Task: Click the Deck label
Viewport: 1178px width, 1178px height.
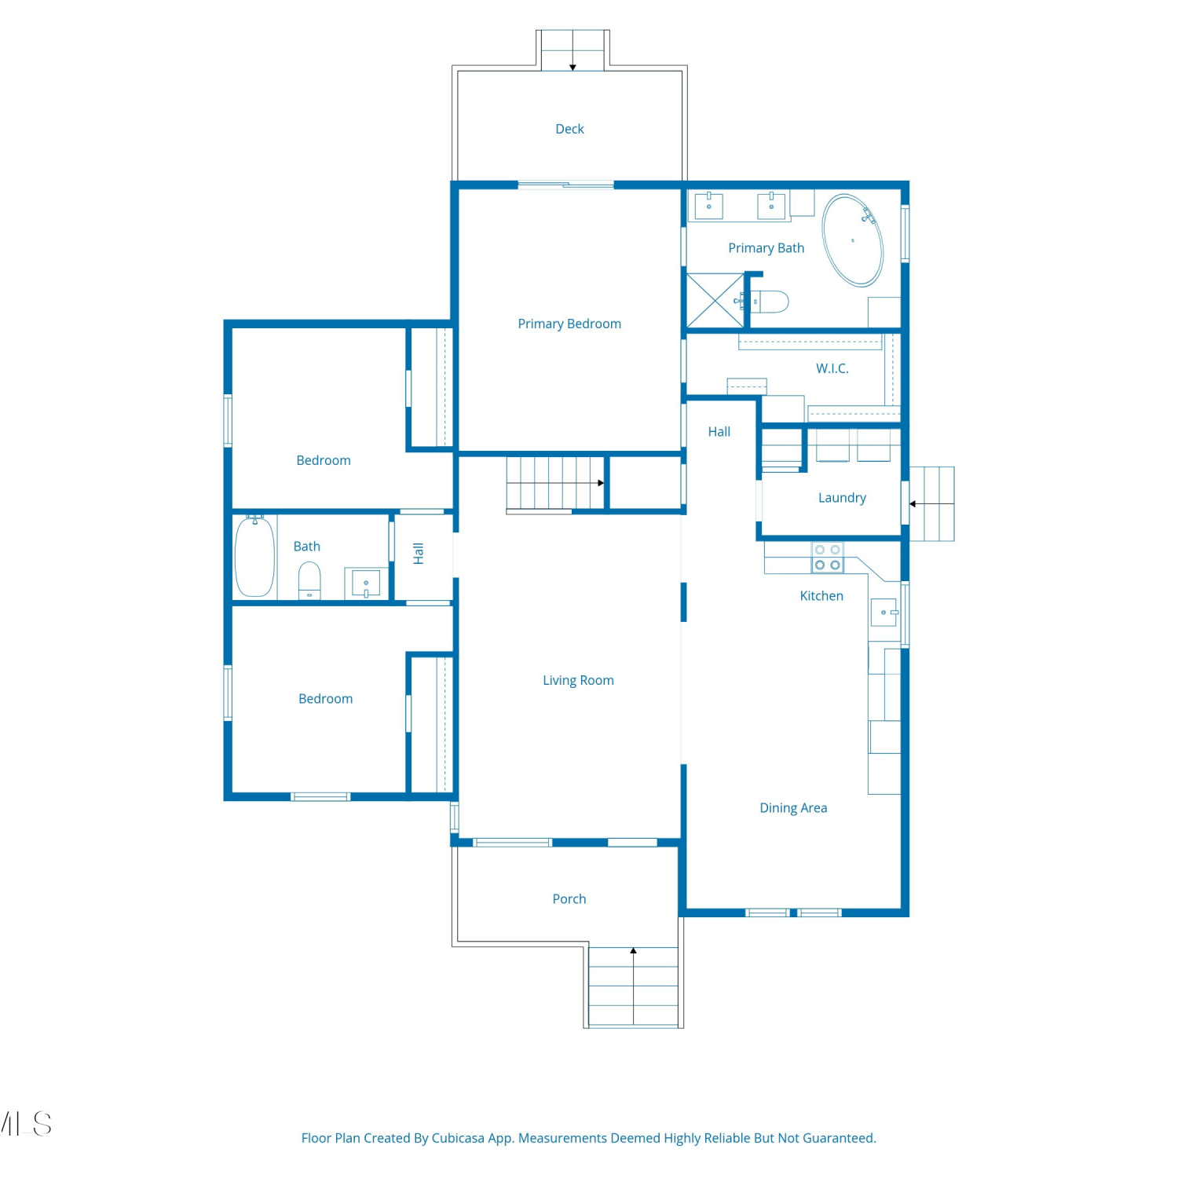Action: (x=569, y=129)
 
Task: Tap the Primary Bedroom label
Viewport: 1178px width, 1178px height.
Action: (x=569, y=324)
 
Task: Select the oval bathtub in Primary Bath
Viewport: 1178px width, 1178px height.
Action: (x=853, y=240)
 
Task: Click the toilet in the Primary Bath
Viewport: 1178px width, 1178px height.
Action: (x=770, y=302)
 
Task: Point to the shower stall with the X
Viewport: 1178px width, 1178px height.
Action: (x=715, y=300)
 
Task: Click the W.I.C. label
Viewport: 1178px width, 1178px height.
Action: (x=832, y=368)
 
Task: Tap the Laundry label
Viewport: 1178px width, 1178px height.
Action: (x=842, y=498)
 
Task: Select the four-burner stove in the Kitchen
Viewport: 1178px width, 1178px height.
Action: (x=828, y=558)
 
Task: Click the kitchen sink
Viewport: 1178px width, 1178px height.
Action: (x=884, y=612)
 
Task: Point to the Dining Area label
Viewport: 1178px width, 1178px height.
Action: (x=793, y=808)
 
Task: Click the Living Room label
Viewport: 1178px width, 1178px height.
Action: (x=578, y=680)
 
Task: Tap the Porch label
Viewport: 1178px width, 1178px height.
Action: (x=569, y=898)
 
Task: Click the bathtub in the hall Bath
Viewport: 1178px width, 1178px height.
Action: (x=255, y=556)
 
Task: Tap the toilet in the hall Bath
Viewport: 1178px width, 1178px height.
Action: (x=309, y=580)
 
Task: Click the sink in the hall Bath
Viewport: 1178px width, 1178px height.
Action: (x=366, y=584)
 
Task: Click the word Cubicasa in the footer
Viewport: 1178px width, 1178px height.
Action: (x=458, y=1138)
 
